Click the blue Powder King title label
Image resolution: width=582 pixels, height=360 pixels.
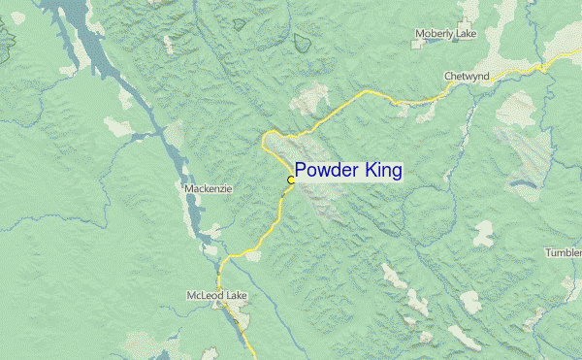point(348,171)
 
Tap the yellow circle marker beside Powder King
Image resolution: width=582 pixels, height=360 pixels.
point(291,180)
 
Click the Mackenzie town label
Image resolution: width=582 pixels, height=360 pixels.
point(208,189)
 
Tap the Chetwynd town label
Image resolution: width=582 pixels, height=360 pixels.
point(468,76)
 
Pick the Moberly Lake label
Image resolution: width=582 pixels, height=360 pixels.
point(446,34)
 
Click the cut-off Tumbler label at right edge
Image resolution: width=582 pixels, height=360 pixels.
point(564,252)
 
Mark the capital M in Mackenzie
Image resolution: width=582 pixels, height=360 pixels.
point(187,189)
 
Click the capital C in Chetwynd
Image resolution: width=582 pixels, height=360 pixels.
point(447,76)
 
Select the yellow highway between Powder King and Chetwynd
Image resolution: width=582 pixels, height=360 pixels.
point(369,92)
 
